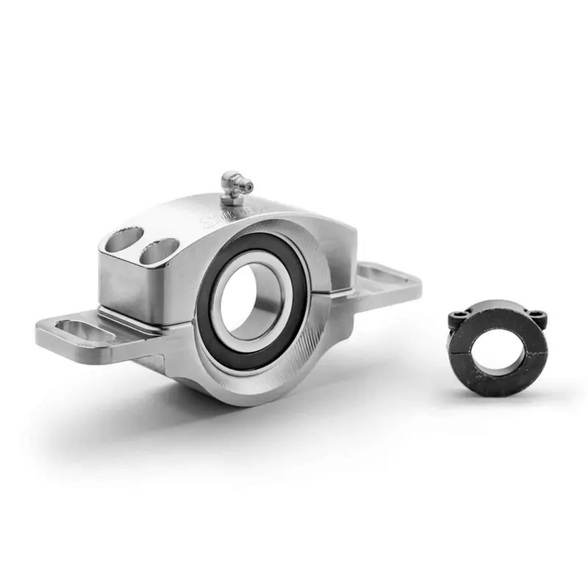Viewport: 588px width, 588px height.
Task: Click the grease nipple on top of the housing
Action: pos(233,184)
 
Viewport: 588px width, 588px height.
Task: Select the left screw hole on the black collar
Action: pos(456,316)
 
